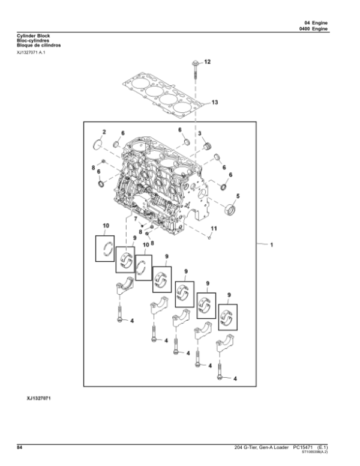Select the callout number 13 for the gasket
[x=215, y=103]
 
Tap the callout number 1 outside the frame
[x=271, y=245]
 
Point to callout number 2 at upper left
[x=103, y=131]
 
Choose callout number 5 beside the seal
[x=237, y=196]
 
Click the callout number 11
[x=214, y=228]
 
